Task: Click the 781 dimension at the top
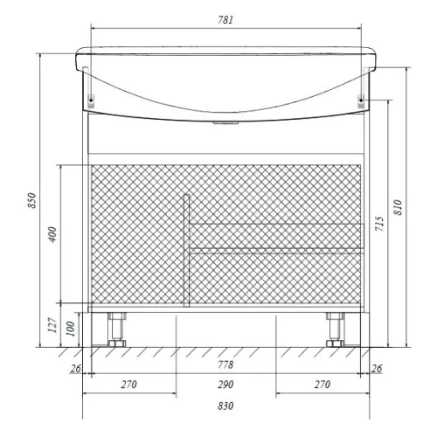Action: click(225, 20)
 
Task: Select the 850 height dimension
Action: click(31, 200)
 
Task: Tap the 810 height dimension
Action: click(398, 207)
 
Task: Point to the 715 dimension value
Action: click(379, 224)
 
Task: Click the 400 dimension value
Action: click(52, 234)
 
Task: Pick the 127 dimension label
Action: click(52, 325)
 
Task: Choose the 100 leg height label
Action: click(71, 329)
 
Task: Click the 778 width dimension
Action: click(225, 364)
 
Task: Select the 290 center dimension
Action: click(225, 385)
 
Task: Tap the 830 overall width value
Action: click(225, 406)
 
